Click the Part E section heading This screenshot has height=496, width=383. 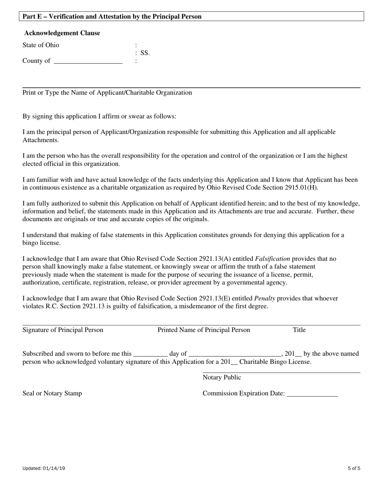click(x=112, y=17)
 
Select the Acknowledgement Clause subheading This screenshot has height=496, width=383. click(x=62, y=33)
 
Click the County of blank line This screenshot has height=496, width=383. click(x=87, y=62)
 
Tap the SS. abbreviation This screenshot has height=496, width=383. click(x=145, y=53)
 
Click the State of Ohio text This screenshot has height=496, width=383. click(x=41, y=45)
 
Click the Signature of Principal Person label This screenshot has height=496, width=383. click(x=63, y=330)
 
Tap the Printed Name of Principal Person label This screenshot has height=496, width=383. click(x=204, y=330)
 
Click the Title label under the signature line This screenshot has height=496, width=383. click(x=299, y=330)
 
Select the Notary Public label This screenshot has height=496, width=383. click(x=222, y=377)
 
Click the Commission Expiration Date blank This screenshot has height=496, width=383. click(x=312, y=394)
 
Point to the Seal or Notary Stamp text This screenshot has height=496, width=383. click(x=52, y=393)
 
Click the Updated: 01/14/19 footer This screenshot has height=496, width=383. click(x=44, y=469)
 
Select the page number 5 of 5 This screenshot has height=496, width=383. click(x=354, y=469)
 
